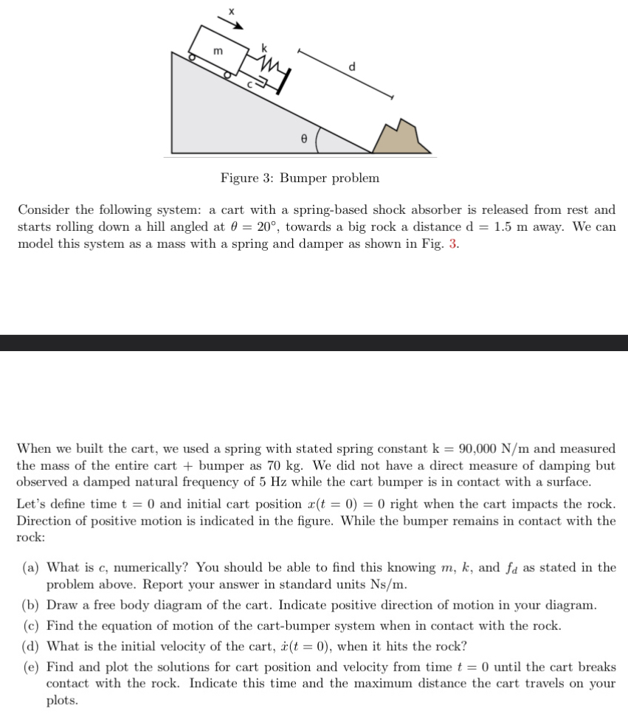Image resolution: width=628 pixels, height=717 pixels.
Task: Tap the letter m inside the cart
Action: click(218, 50)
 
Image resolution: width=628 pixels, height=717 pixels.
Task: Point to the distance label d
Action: click(351, 66)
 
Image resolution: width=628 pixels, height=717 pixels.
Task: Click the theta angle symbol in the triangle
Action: click(303, 137)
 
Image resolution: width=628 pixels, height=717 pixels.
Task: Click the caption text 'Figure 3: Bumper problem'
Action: click(300, 178)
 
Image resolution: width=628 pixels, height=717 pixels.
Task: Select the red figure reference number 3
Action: click(452, 245)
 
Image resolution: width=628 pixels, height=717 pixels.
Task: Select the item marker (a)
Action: click(31, 567)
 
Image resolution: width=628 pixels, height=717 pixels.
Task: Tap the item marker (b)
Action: click(31, 606)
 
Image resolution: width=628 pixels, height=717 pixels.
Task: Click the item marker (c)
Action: click(31, 626)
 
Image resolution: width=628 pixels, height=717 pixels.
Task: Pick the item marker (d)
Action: click(31, 646)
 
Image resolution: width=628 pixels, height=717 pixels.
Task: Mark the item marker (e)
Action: click(31, 667)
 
